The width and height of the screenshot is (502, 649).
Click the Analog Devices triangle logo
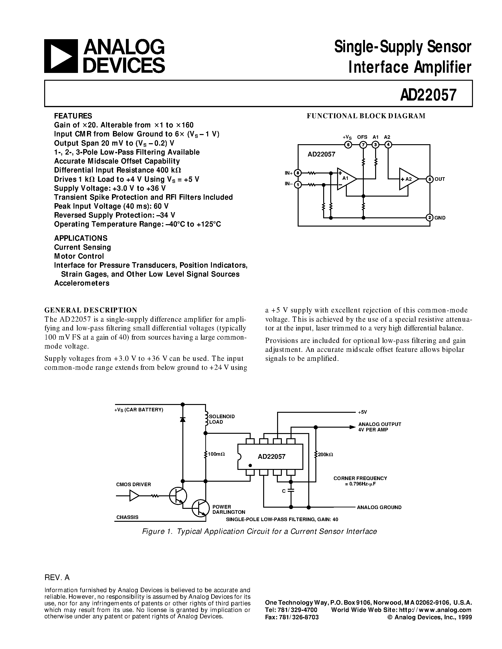[x=61, y=56]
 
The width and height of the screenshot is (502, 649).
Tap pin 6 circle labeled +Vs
[x=348, y=145]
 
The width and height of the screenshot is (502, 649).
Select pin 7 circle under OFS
[x=363, y=145]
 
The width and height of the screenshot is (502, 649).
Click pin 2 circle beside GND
[x=429, y=218]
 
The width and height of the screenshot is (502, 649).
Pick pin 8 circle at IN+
[x=298, y=173]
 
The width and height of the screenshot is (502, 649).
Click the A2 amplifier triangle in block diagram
[x=408, y=179]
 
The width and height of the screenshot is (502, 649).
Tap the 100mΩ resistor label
[x=217, y=454]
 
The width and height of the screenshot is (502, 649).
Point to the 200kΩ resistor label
[x=326, y=454]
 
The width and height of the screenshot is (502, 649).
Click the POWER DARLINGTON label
[x=229, y=509]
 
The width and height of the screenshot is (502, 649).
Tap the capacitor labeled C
[x=291, y=491]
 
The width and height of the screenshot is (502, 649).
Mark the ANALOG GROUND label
[x=379, y=507]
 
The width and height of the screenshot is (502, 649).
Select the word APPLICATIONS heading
[x=81, y=238]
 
